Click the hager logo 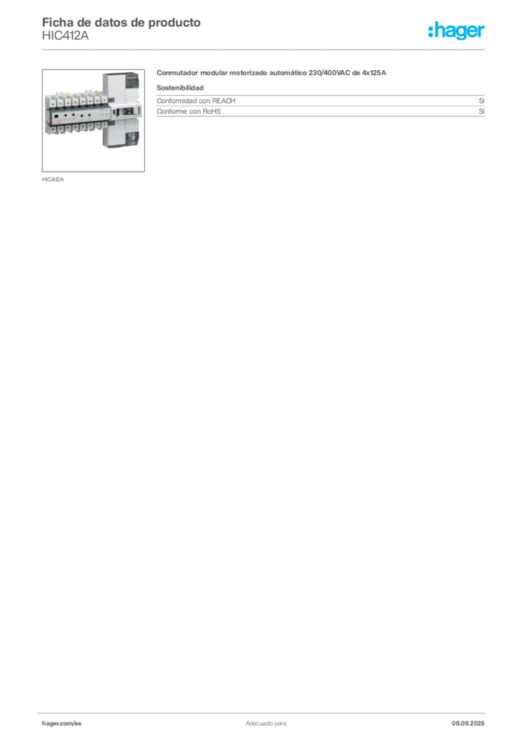pos(456,30)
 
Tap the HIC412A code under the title pos(65,36)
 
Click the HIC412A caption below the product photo pos(53,179)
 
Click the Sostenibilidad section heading pos(180,87)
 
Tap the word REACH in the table pos(224,101)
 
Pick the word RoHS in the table pos(212,112)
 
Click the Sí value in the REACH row pos(482,101)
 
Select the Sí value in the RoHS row pos(482,112)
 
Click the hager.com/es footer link pos(62,724)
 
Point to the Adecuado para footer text pos(266,724)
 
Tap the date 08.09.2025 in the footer pos(468,724)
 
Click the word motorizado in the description pos(248,73)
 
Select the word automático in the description pos(288,73)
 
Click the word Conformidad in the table pos(177,101)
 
